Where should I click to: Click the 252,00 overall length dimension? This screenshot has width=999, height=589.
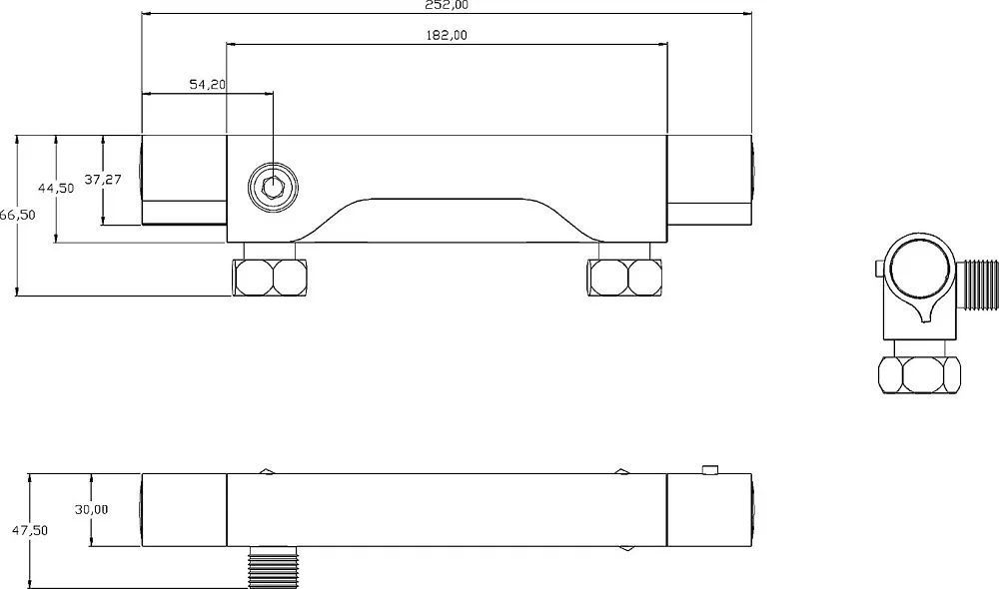(x=447, y=5)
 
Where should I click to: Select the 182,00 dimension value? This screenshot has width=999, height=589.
(x=446, y=35)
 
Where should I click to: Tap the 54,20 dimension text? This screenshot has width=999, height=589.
(x=208, y=84)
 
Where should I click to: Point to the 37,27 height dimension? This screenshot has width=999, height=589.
(x=103, y=180)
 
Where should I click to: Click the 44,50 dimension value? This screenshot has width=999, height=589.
(x=56, y=189)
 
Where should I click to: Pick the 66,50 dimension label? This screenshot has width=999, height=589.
(x=17, y=216)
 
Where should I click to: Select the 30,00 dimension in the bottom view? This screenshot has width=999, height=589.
(x=91, y=509)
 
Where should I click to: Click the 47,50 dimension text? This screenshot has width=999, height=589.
(x=30, y=530)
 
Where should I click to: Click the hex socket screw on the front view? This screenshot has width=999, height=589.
(x=273, y=188)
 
